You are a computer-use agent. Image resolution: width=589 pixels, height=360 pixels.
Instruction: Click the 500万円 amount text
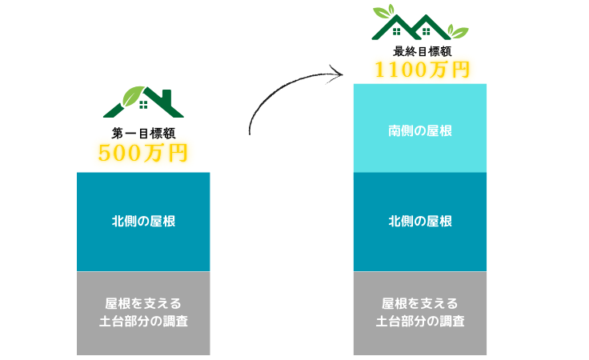[x=143, y=152]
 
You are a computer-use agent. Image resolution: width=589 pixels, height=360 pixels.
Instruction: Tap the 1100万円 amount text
[x=422, y=70]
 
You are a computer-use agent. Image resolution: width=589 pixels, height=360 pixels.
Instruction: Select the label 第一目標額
[x=143, y=134]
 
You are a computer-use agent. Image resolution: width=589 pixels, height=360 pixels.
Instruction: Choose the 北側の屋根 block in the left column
[x=143, y=222]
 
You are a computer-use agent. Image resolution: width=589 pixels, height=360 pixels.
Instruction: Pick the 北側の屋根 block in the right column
[x=419, y=222]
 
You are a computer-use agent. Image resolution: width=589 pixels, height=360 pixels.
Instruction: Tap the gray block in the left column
[x=143, y=313]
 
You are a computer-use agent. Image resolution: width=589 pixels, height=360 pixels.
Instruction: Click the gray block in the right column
[x=419, y=313]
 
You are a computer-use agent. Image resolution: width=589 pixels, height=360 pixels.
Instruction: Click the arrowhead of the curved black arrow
[x=338, y=74]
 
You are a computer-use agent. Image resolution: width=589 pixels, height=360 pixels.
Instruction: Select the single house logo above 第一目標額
[x=144, y=101]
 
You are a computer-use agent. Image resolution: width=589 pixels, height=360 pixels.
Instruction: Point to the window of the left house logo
[x=144, y=104]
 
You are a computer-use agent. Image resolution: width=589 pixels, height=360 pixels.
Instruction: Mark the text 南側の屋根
[x=419, y=130]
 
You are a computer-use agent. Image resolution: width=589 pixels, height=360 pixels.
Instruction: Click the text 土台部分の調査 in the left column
[x=143, y=322]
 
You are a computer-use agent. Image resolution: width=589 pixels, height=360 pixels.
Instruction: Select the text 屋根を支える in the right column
[x=419, y=304]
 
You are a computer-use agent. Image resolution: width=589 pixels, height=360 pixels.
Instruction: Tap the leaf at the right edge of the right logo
[x=459, y=31]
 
